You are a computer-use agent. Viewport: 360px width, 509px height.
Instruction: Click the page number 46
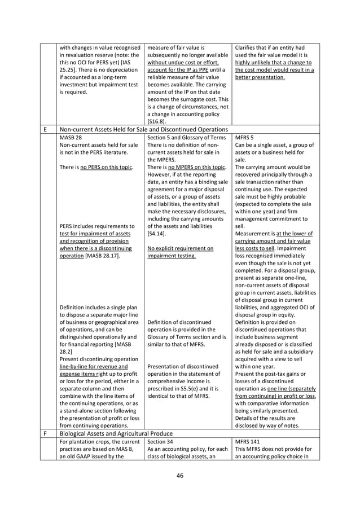[179, 476]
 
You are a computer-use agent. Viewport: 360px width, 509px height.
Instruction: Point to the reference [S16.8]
[157, 121]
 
